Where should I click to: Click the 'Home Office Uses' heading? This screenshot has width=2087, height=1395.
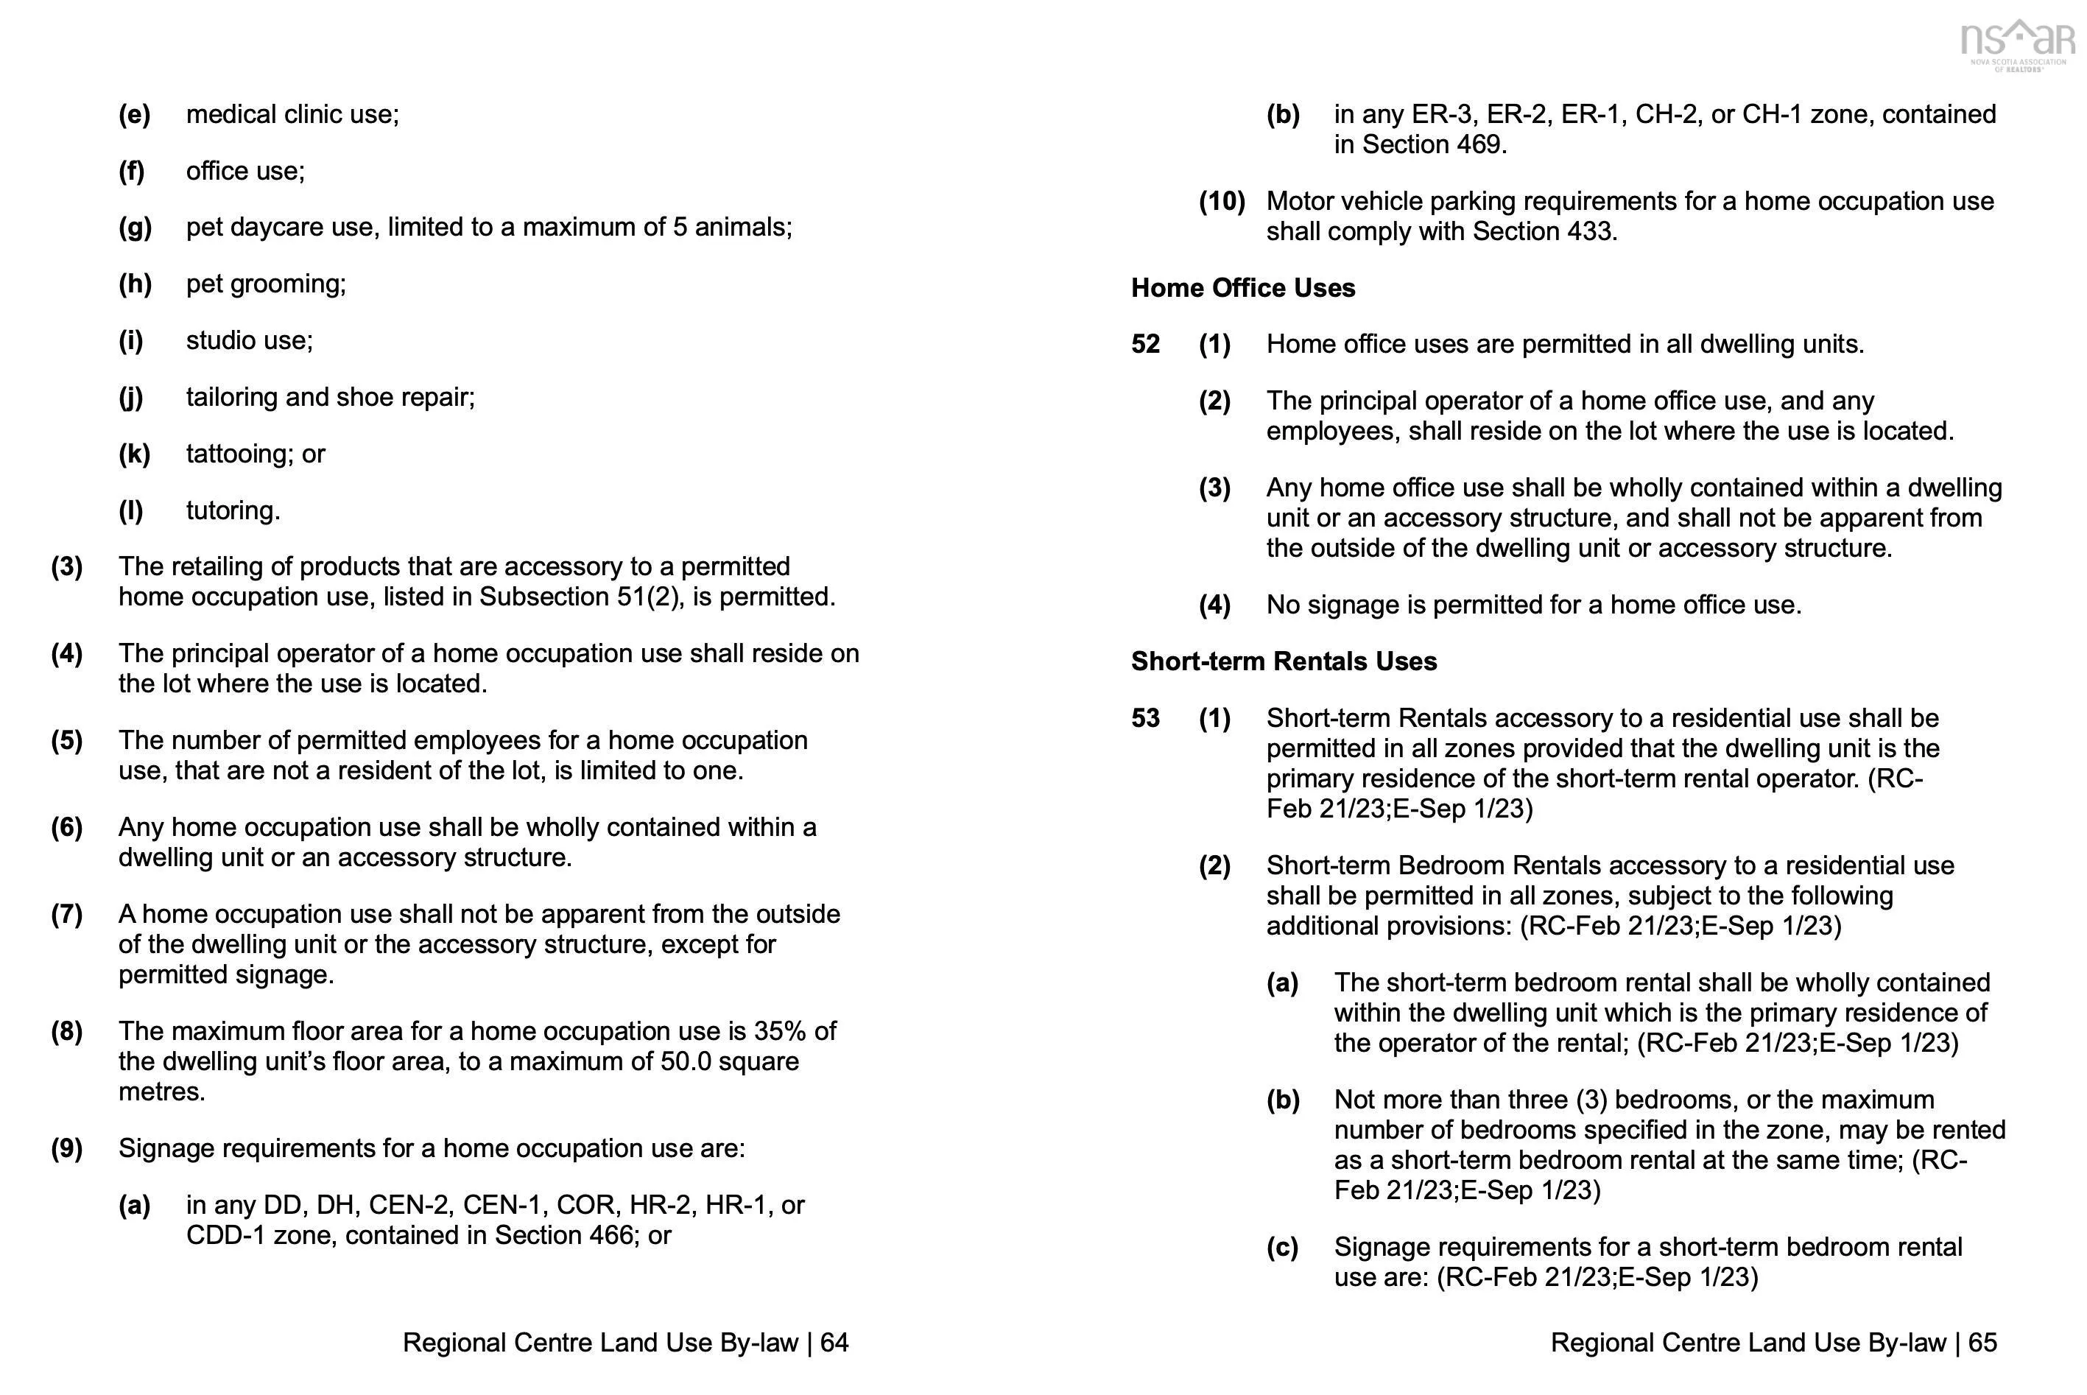1243,288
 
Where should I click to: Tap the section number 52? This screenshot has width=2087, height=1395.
1145,344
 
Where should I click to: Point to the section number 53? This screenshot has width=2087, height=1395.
1145,718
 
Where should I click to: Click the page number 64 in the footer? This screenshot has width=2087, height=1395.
834,1343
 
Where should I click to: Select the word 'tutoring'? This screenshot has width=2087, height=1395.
232,510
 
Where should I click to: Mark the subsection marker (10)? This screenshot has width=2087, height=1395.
1222,202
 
